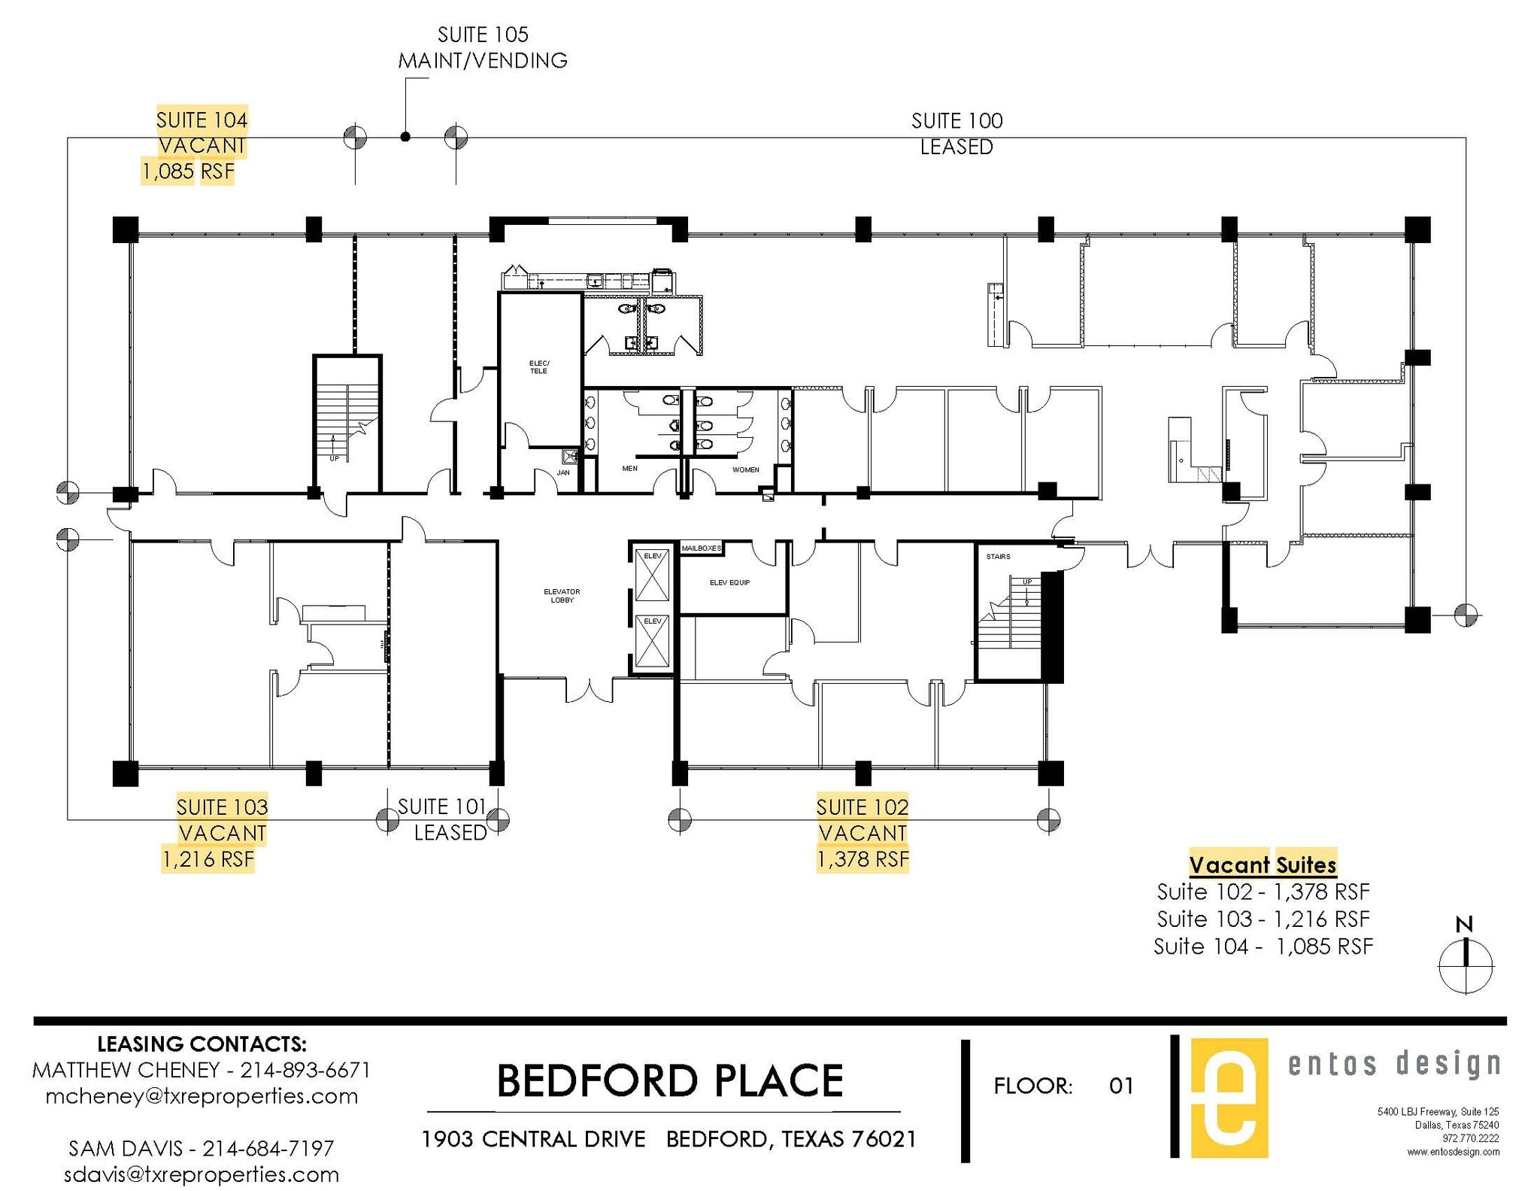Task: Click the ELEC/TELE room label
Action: [x=538, y=367]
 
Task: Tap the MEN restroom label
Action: [x=629, y=469]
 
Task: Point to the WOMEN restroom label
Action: [x=745, y=469]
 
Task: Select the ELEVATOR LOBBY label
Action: [x=562, y=596]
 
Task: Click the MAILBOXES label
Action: [x=701, y=548]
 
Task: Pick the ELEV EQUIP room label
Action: [x=729, y=582]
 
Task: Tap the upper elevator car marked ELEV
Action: [x=652, y=575]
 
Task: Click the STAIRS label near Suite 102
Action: [x=998, y=557]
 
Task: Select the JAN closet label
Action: [x=563, y=472]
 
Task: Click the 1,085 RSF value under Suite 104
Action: [x=187, y=172]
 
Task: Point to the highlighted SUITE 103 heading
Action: [x=222, y=807]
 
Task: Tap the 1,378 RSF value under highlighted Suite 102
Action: [x=862, y=859]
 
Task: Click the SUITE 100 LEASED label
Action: [x=956, y=133]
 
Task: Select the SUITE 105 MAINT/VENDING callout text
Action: [x=482, y=47]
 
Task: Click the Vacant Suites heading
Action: [x=1263, y=864]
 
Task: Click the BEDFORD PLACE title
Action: [x=669, y=1081]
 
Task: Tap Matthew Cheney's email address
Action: [x=202, y=1096]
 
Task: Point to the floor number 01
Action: [x=1120, y=1086]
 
